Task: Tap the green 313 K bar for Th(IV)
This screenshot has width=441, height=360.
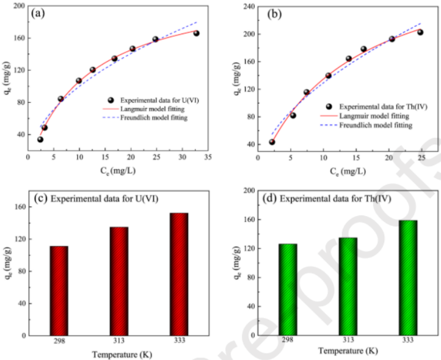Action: click(348, 286)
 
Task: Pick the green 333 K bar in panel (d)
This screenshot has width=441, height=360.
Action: click(407, 278)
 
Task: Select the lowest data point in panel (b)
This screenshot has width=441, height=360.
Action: click(272, 142)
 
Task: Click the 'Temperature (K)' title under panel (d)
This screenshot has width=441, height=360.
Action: click(348, 351)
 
